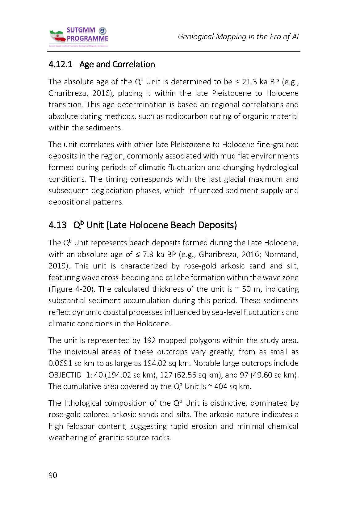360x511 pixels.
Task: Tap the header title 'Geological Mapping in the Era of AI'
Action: pyautogui.click(x=238, y=37)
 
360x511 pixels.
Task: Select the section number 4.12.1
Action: pyautogui.click(x=60, y=64)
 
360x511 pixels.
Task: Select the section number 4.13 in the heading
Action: pyautogui.click(x=57, y=225)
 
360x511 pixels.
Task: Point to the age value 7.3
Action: pyautogui.click(x=148, y=255)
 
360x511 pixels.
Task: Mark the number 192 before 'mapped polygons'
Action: pyautogui.click(x=150, y=340)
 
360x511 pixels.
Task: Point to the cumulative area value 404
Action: pyautogui.click(x=221, y=386)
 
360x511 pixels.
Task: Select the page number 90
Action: pyautogui.click(x=53, y=475)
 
